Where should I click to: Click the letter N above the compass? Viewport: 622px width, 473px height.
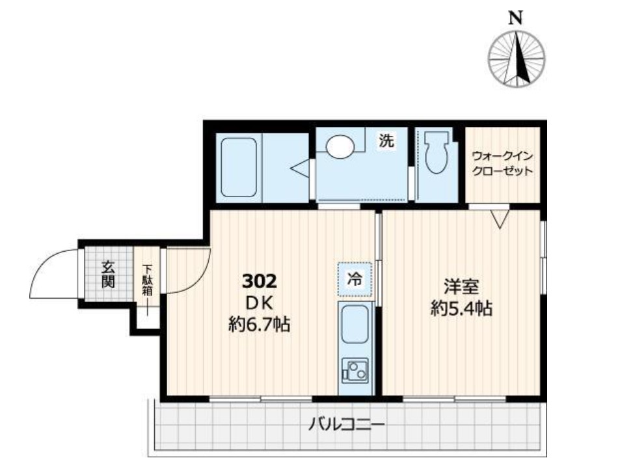click(515, 18)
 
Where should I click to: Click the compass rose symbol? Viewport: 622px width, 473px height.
click(516, 59)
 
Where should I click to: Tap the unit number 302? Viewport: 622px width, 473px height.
click(260, 281)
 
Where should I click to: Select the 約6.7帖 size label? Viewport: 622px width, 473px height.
click(259, 324)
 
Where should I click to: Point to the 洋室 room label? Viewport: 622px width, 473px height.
click(461, 286)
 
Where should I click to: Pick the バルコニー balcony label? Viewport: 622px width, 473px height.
click(347, 426)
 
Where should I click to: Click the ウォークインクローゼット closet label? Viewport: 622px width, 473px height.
click(502, 163)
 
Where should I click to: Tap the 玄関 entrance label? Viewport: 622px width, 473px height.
click(108, 274)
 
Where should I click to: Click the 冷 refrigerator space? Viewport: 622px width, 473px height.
click(355, 279)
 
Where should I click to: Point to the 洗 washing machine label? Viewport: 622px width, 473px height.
click(386, 141)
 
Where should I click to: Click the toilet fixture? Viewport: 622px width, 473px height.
click(436, 153)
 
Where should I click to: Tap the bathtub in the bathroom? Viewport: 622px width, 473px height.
click(238, 167)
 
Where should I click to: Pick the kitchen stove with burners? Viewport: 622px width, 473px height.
click(355, 371)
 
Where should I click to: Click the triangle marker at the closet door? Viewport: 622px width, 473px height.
click(500, 219)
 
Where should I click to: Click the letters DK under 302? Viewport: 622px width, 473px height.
click(260, 304)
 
